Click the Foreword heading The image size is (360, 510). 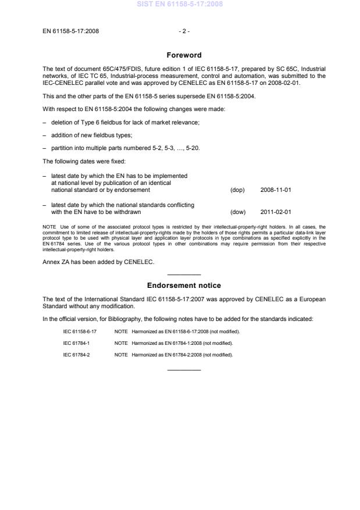pos(184,55)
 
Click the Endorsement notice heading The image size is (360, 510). pos(184,286)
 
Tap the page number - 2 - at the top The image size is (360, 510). pos(184,31)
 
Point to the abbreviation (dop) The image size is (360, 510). pos(238,190)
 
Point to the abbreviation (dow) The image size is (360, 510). pos(238,212)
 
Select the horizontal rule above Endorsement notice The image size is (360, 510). pos(184,274)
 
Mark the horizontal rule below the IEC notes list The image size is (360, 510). pos(184,370)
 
